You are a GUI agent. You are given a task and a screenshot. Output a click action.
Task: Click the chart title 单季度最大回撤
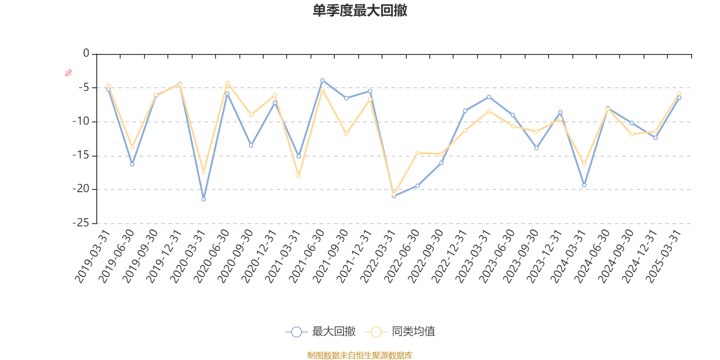click(x=360, y=11)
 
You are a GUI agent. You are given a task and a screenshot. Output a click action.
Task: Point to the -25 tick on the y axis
click(x=81, y=223)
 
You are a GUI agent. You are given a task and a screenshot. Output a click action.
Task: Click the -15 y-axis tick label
click(x=81, y=155)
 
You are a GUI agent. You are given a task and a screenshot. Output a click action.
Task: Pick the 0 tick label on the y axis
click(x=86, y=54)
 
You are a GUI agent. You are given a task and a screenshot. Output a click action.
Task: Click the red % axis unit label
click(x=68, y=73)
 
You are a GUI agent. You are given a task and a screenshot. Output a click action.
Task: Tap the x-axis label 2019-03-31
click(x=93, y=256)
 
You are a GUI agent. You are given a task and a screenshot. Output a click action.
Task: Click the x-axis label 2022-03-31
click(x=378, y=256)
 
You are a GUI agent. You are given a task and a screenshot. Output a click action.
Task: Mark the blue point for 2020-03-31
click(x=203, y=199)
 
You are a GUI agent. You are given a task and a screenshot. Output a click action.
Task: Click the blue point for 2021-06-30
click(x=322, y=80)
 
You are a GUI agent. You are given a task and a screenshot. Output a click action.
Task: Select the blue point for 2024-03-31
click(x=584, y=185)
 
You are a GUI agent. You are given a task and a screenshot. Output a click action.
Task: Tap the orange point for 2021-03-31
click(x=298, y=176)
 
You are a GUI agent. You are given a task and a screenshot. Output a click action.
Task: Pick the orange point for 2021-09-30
click(x=346, y=134)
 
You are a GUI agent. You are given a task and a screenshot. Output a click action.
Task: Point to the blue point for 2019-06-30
click(x=132, y=164)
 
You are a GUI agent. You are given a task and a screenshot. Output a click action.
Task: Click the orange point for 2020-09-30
click(x=251, y=115)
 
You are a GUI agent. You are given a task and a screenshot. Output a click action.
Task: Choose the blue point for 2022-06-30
click(x=418, y=185)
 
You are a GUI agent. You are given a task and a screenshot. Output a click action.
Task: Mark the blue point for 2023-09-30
click(x=536, y=148)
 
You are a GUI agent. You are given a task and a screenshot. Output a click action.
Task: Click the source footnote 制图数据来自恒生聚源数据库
click(x=360, y=355)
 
